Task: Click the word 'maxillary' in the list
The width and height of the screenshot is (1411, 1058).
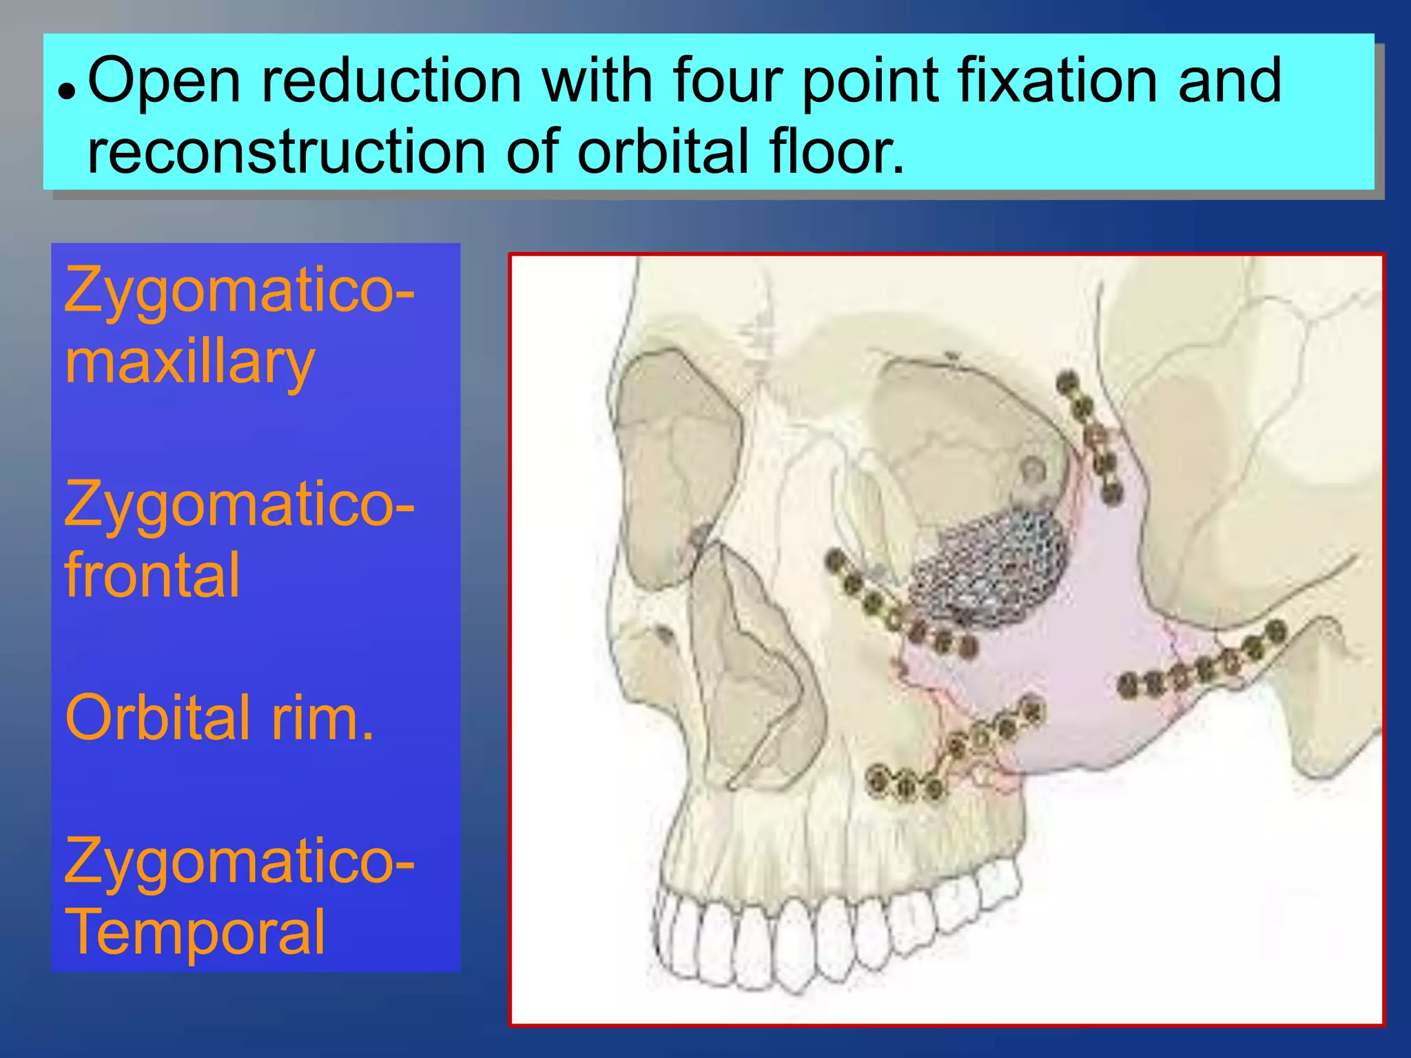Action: (x=189, y=363)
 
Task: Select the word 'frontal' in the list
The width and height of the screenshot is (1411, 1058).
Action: (x=152, y=576)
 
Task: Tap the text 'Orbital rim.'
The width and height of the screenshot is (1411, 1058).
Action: (x=219, y=718)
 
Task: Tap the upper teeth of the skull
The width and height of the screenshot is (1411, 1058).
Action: (x=827, y=930)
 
